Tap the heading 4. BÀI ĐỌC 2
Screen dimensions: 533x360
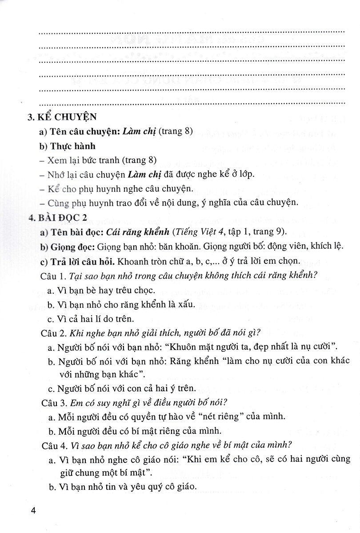point(57,218)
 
